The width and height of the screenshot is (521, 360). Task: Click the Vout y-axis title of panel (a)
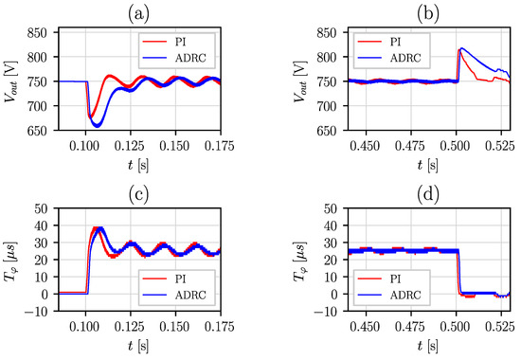12,81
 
